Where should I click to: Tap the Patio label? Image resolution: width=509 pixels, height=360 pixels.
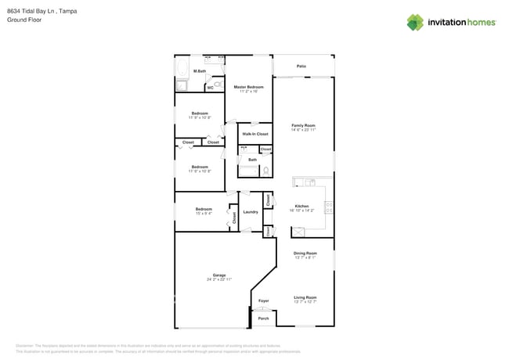[x=301, y=67]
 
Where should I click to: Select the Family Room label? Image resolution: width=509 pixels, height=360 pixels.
[x=303, y=125]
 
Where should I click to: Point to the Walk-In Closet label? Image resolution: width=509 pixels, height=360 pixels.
[x=254, y=134]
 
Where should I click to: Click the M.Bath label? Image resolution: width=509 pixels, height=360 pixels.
[x=200, y=71]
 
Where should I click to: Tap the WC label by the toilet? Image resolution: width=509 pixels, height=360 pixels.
[x=210, y=88]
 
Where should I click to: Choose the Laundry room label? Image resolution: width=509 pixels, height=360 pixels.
[x=251, y=212]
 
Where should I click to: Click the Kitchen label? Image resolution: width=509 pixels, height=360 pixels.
[x=301, y=207]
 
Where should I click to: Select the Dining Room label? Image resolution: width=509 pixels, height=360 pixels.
[x=305, y=254]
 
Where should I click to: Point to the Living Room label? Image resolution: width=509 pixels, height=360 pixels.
[x=305, y=297]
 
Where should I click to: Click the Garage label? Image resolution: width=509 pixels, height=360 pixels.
[x=219, y=275]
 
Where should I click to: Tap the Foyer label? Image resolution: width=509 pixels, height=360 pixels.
[x=263, y=301]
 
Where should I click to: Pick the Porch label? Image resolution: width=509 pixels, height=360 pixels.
[x=263, y=319]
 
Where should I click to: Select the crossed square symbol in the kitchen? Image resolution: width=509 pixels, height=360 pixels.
[x=298, y=232]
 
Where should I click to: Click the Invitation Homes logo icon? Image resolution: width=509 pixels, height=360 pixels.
[x=415, y=23]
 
